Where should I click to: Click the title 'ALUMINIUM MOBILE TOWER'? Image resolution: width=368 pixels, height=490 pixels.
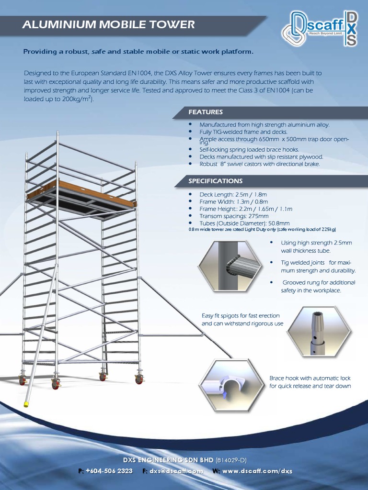pos(108,24)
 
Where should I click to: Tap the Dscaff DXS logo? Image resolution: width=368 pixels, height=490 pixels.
pos(319,29)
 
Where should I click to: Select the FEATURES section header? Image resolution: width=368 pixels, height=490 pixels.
pos(206,112)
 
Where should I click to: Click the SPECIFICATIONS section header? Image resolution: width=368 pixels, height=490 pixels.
pos(215,181)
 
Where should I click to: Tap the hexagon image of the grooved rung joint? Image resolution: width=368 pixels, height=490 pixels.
pos(231,266)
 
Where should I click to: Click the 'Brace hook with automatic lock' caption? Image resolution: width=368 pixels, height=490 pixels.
pos(310,382)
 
